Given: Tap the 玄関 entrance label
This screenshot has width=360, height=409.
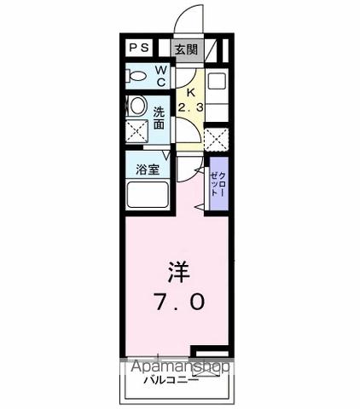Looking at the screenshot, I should [186, 49].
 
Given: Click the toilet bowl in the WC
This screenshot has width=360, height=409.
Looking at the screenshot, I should [136, 76].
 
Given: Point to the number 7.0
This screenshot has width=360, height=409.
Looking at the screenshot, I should [178, 302].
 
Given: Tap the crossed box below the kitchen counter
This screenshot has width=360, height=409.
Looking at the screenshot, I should [217, 137].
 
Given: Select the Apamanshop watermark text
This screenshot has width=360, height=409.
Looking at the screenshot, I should [179, 367].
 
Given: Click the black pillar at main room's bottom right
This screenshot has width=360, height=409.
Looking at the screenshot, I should [210, 350].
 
